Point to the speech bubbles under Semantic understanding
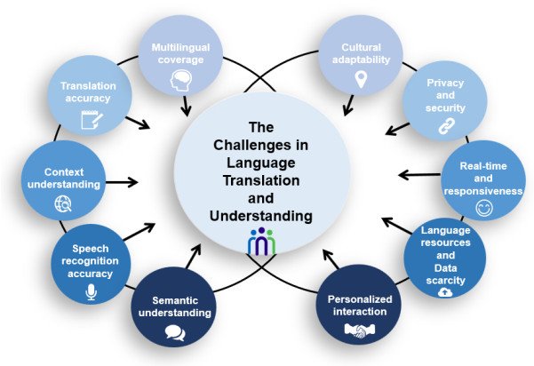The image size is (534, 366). pos(174,333)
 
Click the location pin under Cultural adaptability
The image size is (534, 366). pos(360,79)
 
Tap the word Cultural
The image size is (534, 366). pos(360,48)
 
